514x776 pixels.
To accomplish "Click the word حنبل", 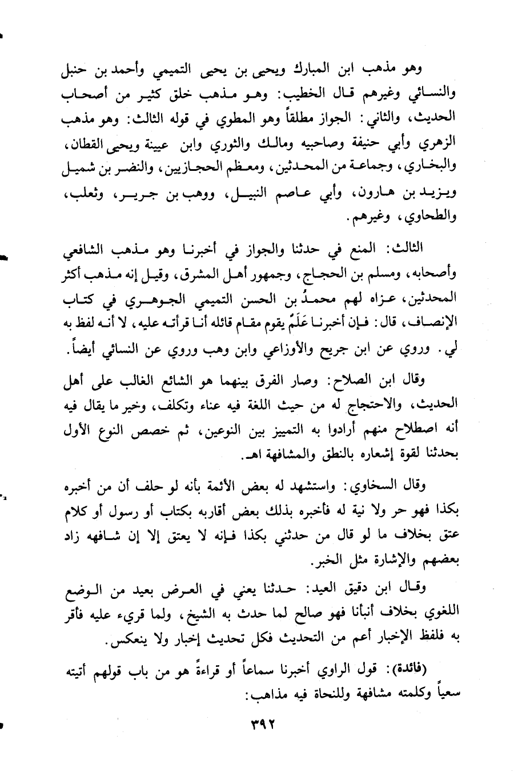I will (x=75, y=73).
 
